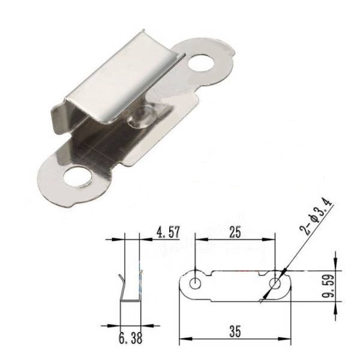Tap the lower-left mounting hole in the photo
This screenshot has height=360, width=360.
[76, 177]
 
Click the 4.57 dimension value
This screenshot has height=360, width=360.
[169, 231]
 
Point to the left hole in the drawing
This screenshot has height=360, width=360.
[196, 283]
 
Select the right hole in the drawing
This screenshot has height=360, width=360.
[275, 283]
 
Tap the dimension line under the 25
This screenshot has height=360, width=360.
[235, 240]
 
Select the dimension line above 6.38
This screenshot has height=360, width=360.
[131, 325]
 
